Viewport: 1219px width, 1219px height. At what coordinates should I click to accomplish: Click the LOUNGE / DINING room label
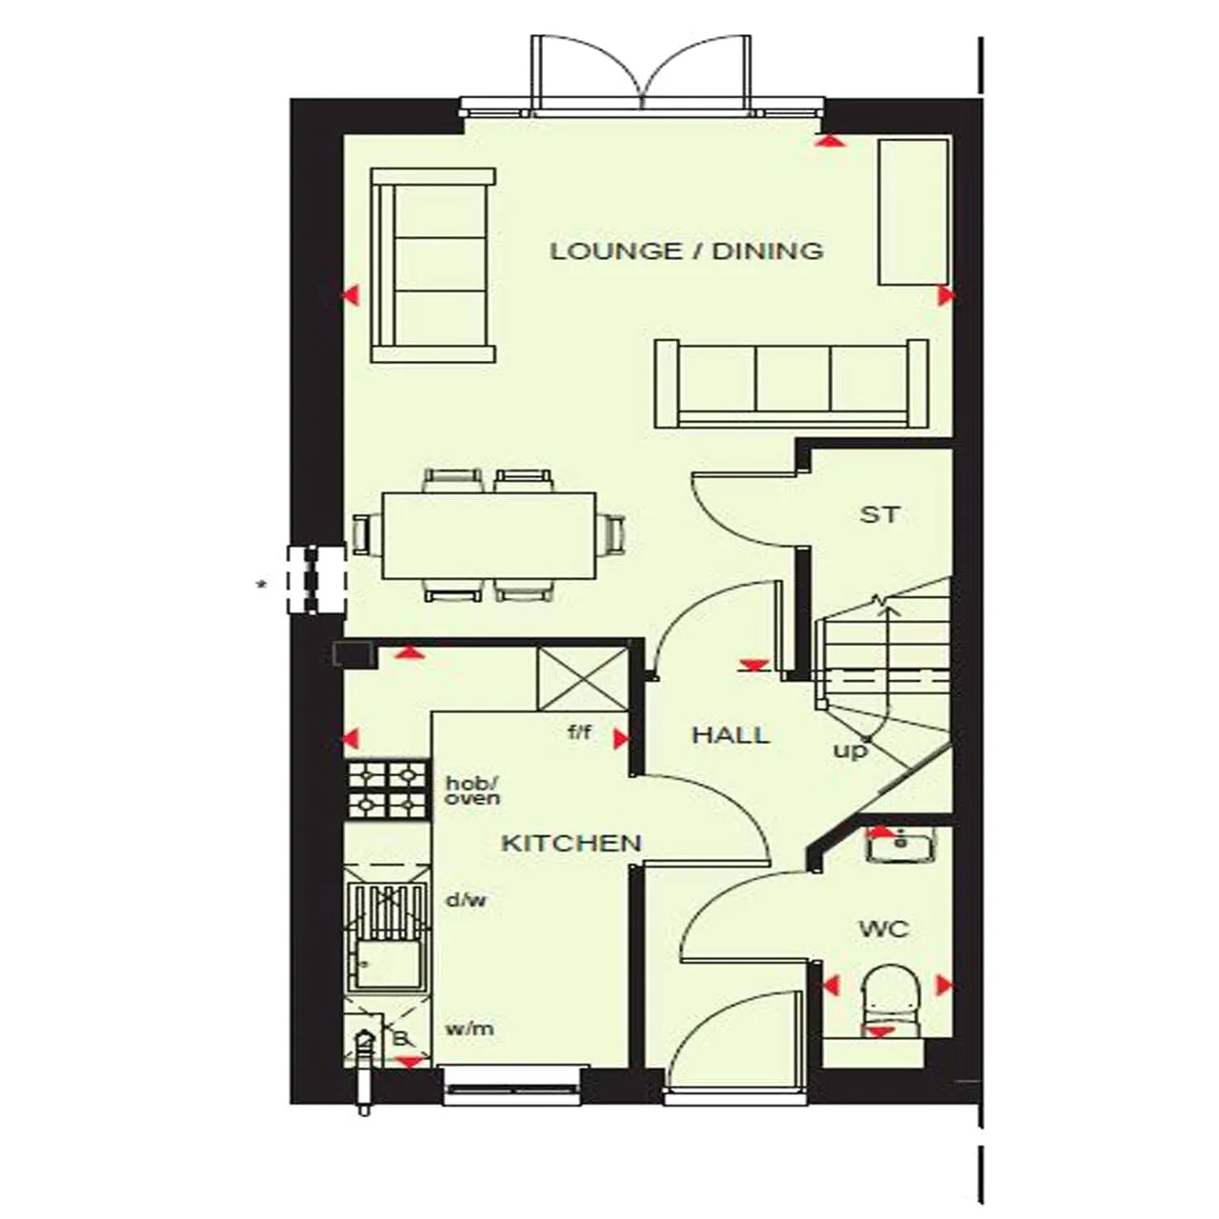[687, 251]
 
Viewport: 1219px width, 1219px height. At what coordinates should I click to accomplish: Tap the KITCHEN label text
[571, 843]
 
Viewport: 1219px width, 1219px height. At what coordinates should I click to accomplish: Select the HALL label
[730, 735]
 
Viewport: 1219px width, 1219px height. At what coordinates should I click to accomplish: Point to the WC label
[885, 929]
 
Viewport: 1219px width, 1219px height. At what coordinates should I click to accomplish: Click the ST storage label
[879, 515]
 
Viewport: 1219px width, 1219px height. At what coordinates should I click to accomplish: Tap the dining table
[489, 536]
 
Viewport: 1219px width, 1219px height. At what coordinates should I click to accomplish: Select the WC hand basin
[901, 844]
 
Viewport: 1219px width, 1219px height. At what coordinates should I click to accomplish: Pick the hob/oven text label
[472, 790]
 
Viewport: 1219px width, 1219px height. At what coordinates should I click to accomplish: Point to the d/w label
[467, 900]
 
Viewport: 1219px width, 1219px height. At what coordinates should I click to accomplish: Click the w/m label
[470, 1029]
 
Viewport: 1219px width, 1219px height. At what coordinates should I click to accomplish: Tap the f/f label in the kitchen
[579, 732]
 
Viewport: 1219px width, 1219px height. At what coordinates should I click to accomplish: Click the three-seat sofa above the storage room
[792, 384]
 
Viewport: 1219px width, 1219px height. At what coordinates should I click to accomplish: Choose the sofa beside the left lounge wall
[433, 265]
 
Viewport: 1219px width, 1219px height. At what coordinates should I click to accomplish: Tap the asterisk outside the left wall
[261, 585]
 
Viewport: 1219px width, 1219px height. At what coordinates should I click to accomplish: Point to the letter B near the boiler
[400, 1038]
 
